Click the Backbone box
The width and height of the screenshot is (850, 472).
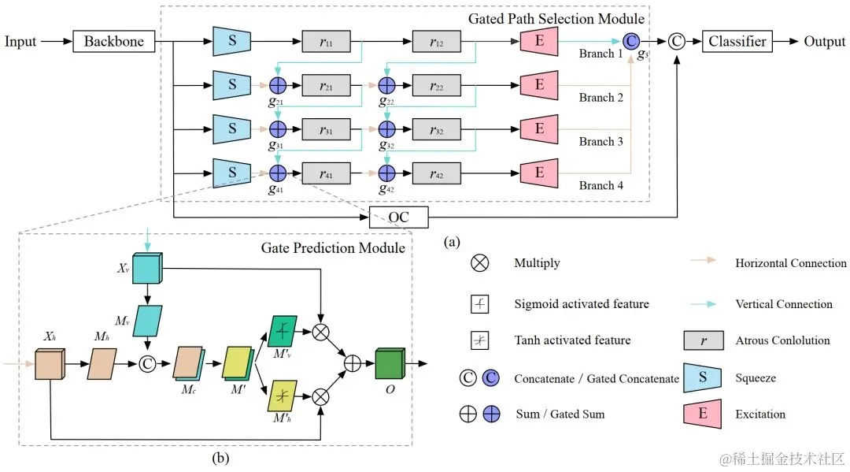pos(114,42)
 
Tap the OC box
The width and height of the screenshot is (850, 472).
pos(399,216)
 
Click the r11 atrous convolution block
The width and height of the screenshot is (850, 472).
pos(326,42)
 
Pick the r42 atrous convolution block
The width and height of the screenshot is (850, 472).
pos(435,173)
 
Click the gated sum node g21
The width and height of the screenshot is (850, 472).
pos(277,85)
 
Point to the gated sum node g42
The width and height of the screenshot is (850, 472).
pos(386,173)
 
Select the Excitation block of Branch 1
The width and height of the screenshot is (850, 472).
pos(539,41)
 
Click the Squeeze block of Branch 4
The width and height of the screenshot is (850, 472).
pos(232,173)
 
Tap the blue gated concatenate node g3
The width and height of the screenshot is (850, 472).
pos(631,41)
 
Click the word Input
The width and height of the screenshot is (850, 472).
pos(20,42)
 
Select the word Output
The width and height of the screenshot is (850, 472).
pos(824,42)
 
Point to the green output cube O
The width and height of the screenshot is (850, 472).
pos(390,364)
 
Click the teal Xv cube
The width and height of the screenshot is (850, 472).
pos(147,269)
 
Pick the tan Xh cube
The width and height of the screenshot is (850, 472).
pos(50,365)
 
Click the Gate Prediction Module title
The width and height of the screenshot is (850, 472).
pos(333,248)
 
